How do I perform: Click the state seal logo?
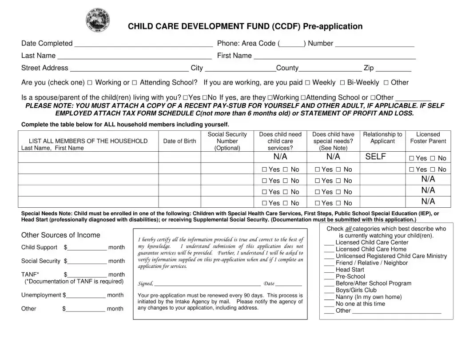coord(98,20)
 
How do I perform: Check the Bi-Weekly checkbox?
coord(343,83)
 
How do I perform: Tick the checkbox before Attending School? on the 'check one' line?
coord(135,83)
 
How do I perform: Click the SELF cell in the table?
coord(375,157)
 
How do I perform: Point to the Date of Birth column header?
coord(179,141)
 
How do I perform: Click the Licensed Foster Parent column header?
coord(428,137)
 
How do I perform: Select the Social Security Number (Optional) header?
coord(227,141)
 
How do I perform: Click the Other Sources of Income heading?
coord(61,235)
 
